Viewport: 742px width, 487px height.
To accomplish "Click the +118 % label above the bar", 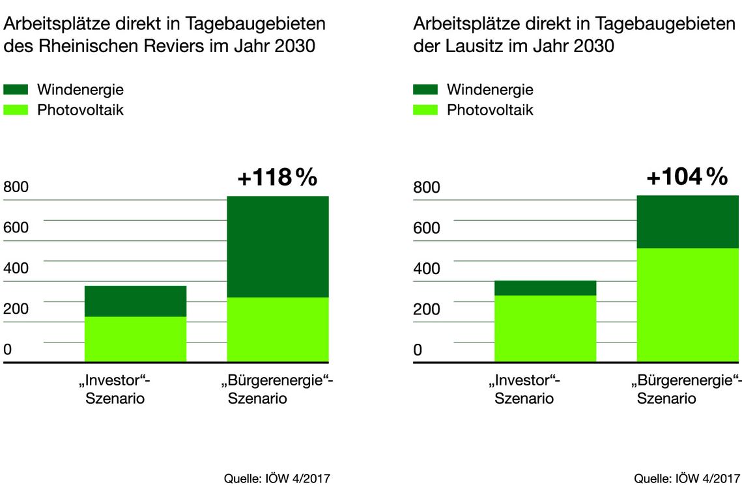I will click(277, 177).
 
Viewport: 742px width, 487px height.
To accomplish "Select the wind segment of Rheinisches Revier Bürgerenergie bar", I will click(278, 247).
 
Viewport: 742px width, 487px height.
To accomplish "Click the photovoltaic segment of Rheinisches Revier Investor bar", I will click(136, 339).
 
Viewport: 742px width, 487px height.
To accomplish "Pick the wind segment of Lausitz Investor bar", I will click(545, 288).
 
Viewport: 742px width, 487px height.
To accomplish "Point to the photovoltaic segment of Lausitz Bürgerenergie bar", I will click(687, 305).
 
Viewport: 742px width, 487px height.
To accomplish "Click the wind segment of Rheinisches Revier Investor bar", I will click(136, 301).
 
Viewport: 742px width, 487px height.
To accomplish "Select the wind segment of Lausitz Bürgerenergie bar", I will click(687, 222).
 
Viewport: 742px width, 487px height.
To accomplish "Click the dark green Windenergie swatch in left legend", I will click(16, 90).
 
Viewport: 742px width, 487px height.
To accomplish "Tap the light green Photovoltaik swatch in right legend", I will click(425, 110).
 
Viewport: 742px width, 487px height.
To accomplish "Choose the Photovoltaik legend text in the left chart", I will click(80, 110).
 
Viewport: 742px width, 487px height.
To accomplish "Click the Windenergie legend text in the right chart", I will click(490, 90).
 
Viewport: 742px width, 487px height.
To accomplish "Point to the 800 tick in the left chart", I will click(16, 188).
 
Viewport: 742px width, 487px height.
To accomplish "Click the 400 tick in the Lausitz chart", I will click(426, 268).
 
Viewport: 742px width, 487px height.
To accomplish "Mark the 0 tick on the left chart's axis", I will click(8, 350).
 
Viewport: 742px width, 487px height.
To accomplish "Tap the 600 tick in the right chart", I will click(426, 228).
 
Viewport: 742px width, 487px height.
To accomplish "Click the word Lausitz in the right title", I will click(466, 47).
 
